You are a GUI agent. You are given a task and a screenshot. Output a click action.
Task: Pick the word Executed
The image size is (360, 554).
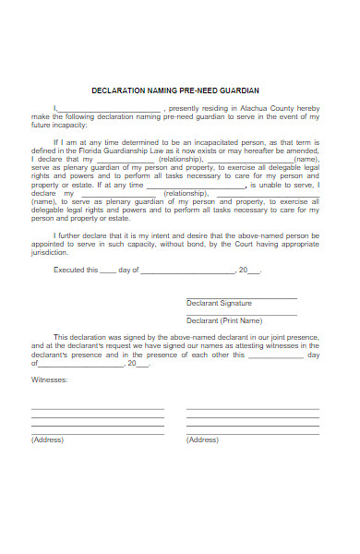pos(68,271)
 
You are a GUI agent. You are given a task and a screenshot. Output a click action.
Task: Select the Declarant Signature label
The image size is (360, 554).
pos(219,303)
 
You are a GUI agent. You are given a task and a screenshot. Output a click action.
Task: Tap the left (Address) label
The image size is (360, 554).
pos(47,440)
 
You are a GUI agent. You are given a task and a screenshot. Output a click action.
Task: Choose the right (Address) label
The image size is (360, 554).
pos(202,440)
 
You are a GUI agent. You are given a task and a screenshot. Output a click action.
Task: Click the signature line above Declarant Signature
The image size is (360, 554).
pos(242,297)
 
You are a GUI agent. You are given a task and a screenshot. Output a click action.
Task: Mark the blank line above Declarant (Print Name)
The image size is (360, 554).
pos(242,314)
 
